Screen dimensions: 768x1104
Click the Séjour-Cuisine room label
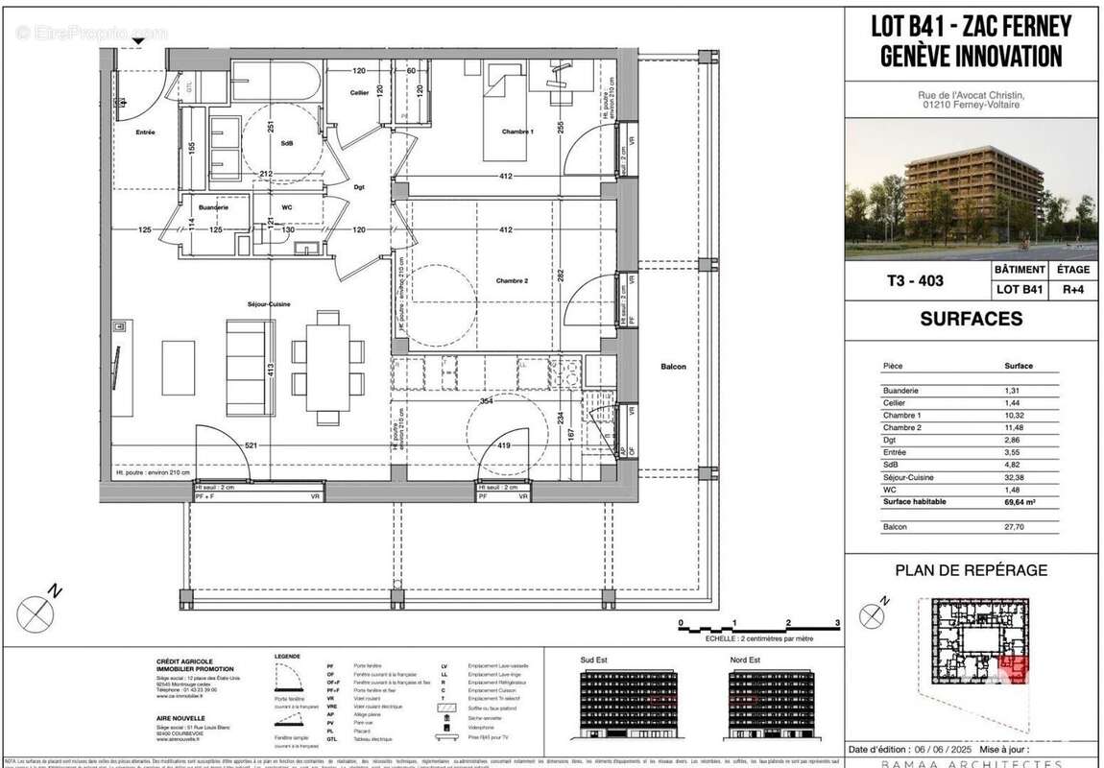point(268,304)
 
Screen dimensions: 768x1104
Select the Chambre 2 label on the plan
point(513,280)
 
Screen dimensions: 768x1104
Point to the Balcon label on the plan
point(673,367)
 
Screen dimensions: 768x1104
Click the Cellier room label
point(360,92)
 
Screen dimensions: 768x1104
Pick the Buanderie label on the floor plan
point(213,207)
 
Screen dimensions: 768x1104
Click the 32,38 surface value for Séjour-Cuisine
point(1018,477)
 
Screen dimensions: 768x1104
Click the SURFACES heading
point(971,320)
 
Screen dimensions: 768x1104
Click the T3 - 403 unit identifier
point(916,281)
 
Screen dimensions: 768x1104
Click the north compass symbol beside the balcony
point(36,609)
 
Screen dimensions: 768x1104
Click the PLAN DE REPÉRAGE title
point(971,570)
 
